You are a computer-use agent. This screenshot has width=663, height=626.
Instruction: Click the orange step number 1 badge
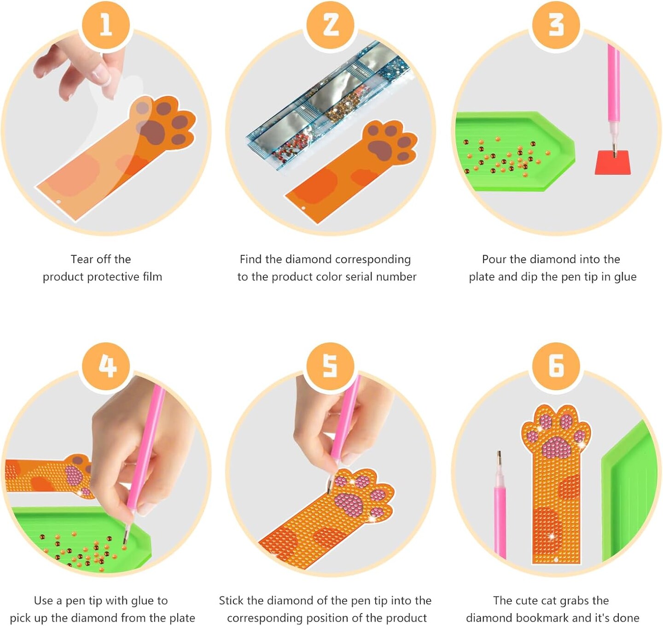[x=106, y=26]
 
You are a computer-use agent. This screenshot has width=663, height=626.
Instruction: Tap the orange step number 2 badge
[x=331, y=26]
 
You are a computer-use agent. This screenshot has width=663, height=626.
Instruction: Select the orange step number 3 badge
[x=556, y=26]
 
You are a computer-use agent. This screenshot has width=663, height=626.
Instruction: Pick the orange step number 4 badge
[x=106, y=366]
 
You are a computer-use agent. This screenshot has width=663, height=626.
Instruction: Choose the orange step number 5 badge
[x=331, y=366]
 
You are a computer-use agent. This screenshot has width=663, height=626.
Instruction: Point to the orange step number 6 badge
[x=556, y=366]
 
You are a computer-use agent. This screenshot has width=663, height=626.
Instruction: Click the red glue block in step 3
[x=613, y=163]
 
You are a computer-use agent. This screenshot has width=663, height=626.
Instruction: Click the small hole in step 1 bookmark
[x=58, y=202]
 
